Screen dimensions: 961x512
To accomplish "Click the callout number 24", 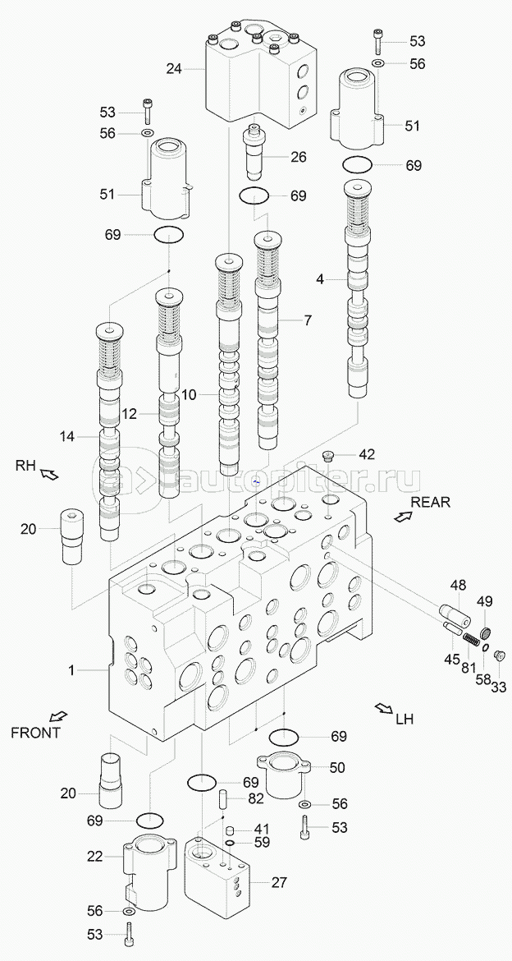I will coord(173,69).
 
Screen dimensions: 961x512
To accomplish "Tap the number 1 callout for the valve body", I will coord(71,671).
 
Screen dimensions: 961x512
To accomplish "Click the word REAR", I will coord(431,502).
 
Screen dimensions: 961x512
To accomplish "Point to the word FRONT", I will coord(35,733).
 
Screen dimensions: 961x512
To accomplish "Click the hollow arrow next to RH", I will coord(49,474).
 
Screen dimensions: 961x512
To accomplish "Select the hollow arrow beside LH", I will coord(382,708).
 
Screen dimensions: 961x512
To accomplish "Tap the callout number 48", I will coord(458,585).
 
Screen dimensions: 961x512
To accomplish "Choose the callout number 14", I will coord(66,437).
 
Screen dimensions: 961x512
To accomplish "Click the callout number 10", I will coord(189,395).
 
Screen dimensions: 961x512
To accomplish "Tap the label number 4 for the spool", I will coord(320,279).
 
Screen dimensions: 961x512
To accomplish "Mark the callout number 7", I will coord(307,320).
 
